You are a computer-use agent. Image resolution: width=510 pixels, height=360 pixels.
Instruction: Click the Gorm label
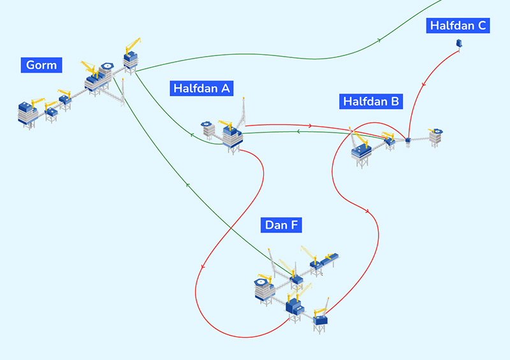pos(41,65)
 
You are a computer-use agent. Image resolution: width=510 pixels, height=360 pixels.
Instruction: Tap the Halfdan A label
pos(201,89)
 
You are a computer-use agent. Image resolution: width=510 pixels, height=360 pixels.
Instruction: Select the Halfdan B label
pos(371,101)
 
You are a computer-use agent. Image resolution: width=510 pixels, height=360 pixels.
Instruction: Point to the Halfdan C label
pos(458,25)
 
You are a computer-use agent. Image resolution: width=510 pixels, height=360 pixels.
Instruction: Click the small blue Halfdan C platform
pos(458,43)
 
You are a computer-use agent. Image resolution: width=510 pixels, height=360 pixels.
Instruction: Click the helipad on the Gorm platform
pos(106,65)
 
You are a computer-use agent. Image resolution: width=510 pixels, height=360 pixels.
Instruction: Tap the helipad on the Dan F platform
pos(262,281)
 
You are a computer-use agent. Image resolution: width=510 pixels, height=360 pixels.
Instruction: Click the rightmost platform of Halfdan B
pos(436,135)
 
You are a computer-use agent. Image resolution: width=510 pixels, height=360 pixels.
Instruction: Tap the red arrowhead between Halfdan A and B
pos(309,126)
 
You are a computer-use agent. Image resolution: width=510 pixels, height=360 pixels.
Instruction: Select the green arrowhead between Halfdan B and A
pos(298,132)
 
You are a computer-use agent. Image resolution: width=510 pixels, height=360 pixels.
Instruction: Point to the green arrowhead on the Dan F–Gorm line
pos(188,185)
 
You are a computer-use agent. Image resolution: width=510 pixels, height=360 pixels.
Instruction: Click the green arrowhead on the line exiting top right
pos(380,40)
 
